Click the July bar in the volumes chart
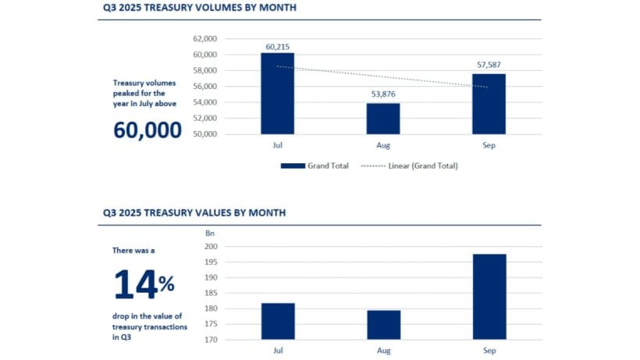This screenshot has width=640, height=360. [x=277, y=94]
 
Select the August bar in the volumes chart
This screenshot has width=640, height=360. [x=383, y=119]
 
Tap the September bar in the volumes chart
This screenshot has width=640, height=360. [x=489, y=104]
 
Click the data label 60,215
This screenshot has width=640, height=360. [x=277, y=47]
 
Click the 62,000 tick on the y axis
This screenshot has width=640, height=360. [x=205, y=38]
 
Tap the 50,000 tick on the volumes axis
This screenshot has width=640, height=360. [x=205, y=134]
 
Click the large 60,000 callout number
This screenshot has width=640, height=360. [x=148, y=130]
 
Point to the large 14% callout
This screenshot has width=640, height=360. [x=144, y=284]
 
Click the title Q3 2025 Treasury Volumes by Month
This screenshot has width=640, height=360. [x=199, y=9]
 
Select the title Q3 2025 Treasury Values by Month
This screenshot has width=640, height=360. [x=194, y=212]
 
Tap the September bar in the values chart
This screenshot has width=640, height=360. [x=489, y=297]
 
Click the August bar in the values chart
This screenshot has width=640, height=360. [x=383, y=325]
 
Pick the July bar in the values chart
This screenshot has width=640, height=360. [x=277, y=321]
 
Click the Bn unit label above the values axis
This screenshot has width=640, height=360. [x=209, y=233]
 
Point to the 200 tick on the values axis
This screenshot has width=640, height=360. [x=212, y=247]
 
